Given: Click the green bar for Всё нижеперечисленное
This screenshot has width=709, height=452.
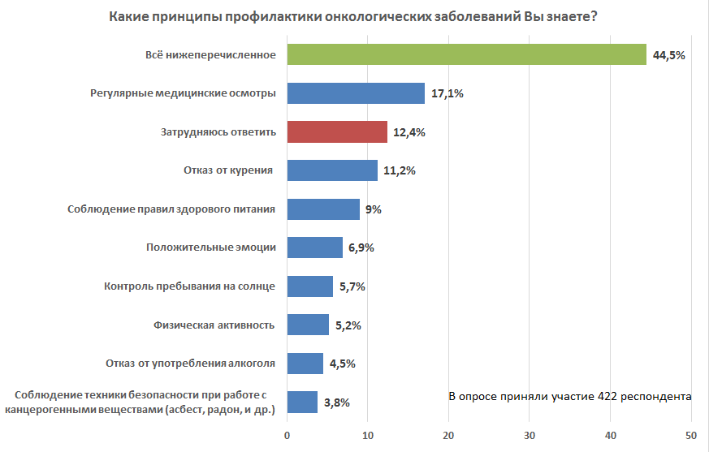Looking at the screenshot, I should point(467,54).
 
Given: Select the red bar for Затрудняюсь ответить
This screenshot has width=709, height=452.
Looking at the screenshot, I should point(337,131).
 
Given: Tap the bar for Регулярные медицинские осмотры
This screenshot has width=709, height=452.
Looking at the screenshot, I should point(356,93).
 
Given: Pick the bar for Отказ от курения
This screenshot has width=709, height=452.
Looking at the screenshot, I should point(332,170).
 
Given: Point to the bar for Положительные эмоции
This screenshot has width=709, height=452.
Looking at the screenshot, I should point(315,248).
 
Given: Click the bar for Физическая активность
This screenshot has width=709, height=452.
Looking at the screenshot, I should point(308,325).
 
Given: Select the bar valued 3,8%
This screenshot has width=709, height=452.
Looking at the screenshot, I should point(302,402).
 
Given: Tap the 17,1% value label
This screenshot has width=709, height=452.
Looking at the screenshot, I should point(447,94).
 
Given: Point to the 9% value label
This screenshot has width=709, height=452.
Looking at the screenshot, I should point(373,209).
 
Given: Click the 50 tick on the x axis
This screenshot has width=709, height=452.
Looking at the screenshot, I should point(691,435).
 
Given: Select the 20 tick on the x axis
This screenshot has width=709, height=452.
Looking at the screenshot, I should point(449,435).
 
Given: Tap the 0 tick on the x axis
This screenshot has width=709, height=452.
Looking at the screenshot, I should point(287,435).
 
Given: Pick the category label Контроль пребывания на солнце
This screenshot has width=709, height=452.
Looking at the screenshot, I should point(190,286).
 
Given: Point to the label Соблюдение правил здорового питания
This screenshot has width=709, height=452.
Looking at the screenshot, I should point(171,209).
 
